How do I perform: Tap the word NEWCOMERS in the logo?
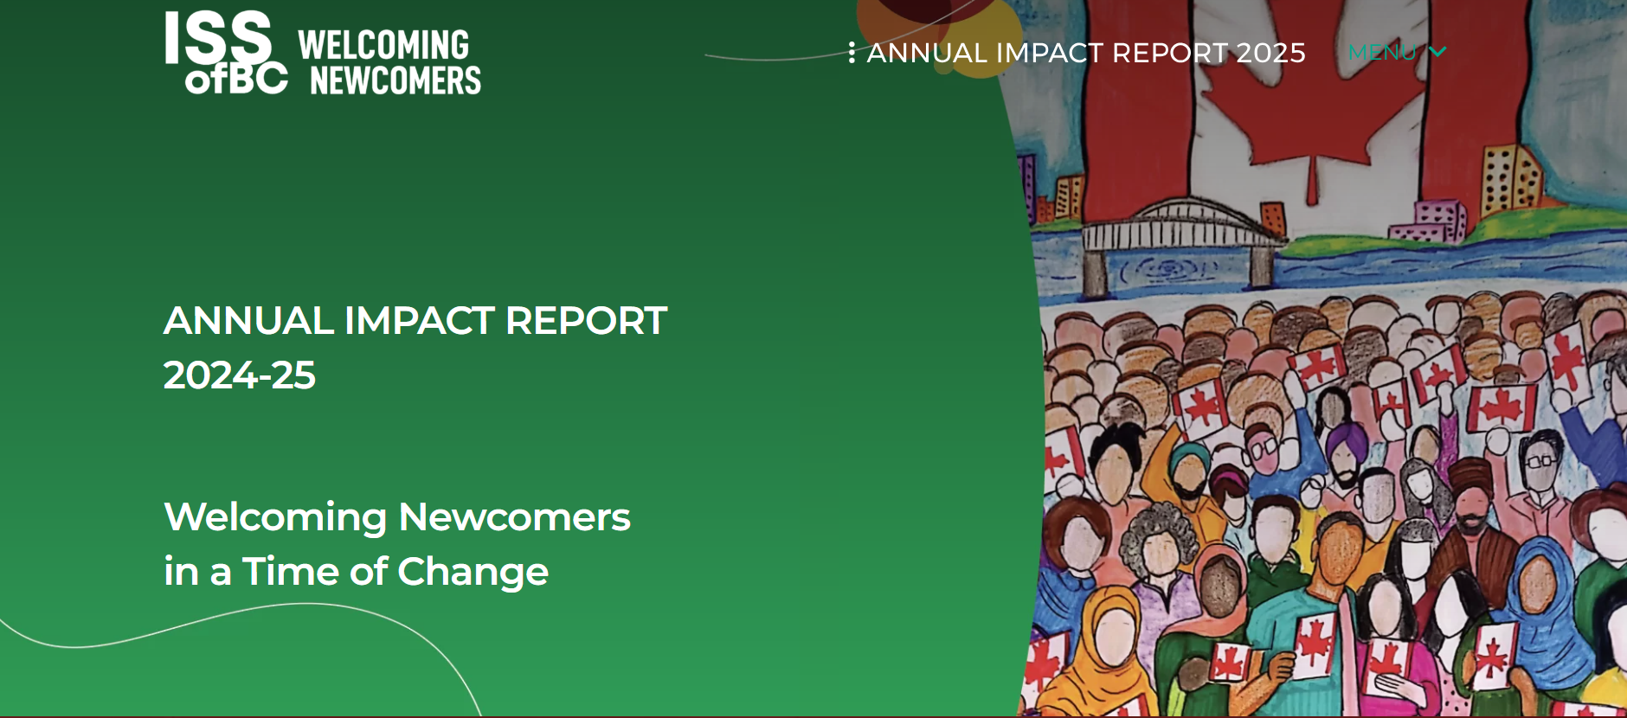coord(395,80)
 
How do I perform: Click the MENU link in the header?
coord(1382,53)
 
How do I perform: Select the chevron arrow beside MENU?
coord(1437,52)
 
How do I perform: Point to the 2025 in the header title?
coord(1270,53)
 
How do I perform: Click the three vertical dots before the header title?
coord(852,53)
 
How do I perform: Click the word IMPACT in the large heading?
coord(419,321)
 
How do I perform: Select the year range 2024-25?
coord(240,375)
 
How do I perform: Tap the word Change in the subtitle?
coord(473,572)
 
